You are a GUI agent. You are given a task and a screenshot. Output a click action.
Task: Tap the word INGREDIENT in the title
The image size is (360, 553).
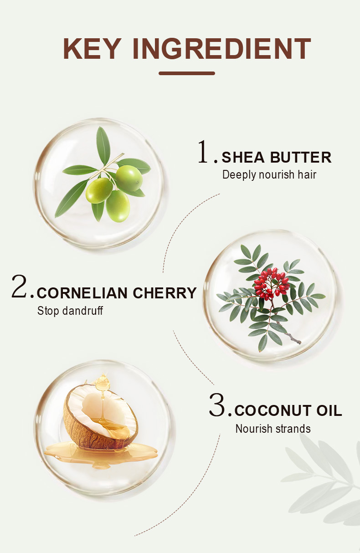[x=222, y=48]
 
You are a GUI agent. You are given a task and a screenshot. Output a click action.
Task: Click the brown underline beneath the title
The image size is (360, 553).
[x=187, y=73]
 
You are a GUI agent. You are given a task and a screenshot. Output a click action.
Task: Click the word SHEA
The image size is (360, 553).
[x=243, y=157]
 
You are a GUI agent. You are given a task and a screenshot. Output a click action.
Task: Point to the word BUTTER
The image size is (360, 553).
[x=301, y=157]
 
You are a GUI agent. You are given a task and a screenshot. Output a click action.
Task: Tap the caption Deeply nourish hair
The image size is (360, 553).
[x=269, y=175]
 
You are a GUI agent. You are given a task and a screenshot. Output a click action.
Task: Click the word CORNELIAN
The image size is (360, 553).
[x=82, y=293]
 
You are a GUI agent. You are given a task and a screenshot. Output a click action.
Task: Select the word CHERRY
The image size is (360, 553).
[x=165, y=293]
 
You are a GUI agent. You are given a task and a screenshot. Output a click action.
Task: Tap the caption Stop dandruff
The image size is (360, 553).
[x=70, y=310]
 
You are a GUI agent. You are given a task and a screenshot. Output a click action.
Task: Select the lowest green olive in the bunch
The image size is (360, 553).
[x=118, y=206]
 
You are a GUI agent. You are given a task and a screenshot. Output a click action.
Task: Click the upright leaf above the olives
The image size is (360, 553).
[x=103, y=146]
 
